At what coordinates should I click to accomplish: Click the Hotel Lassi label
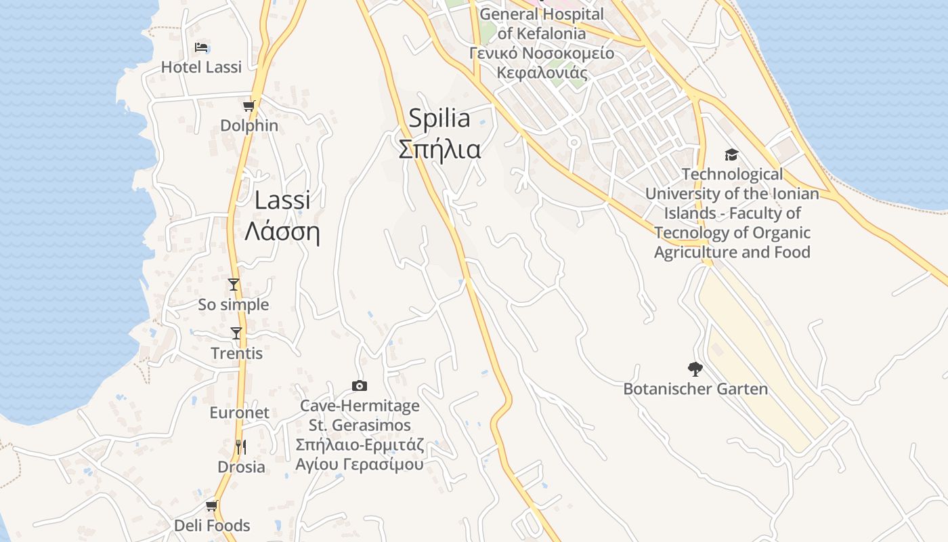coord(201,67)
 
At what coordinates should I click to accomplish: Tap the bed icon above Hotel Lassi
coord(201,47)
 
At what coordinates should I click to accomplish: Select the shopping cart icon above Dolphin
coord(249,106)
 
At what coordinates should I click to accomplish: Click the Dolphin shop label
coord(249,125)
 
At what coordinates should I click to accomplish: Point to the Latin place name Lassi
coord(283,200)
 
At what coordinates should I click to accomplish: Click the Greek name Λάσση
coord(282,232)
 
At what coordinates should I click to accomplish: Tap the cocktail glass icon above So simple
coord(234,285)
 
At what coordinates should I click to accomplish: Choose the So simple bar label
coord(234,305)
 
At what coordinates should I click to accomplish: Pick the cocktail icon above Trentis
coord(236,333)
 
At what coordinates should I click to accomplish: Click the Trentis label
coord(236,354)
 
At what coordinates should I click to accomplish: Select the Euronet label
coord(239,413)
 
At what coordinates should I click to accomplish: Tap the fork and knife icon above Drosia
coord(241,446)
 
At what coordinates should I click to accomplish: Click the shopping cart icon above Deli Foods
coord(212,505)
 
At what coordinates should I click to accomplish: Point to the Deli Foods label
coord(212,526)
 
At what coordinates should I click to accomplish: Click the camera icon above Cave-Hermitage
coord(360,385)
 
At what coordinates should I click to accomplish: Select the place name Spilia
coord(439,119)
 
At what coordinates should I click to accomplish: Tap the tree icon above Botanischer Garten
coord(695,369)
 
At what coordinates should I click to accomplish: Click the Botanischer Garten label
coord(695,390)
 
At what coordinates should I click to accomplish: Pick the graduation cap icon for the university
coord(731,154)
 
